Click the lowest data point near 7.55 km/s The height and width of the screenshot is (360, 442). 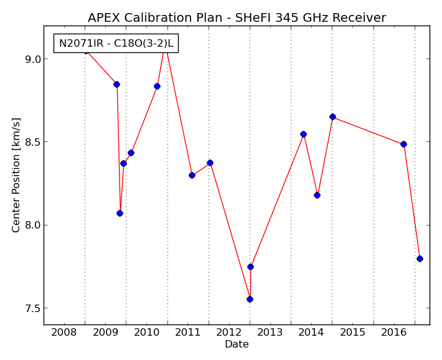[x=250, y=299]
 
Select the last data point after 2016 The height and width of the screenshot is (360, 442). [x=420, y=258]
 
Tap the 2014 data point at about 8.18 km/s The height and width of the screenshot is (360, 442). [x=317, y=195]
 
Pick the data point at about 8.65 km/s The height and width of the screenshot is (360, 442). [x=332, y=117]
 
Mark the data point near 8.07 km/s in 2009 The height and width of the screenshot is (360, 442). [x=120, y=213]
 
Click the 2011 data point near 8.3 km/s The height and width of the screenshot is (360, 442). [x=192, y=176]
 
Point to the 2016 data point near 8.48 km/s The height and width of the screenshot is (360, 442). [x=403, y=144]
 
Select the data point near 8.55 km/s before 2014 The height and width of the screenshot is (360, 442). [x=303, y=135]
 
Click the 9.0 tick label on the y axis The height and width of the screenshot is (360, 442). [x=33, y=59]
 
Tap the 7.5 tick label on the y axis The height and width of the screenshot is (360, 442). [x=33, y=308]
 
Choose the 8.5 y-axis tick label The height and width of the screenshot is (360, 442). [x=33, y=142]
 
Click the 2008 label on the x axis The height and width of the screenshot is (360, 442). [x=64, y=332]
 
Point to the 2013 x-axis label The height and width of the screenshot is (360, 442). [x=270, y=332]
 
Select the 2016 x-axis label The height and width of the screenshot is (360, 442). [x=394, y=332]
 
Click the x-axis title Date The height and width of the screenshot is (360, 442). [x=237, y=344]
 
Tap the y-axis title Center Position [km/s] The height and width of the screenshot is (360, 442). [x=16, y=175]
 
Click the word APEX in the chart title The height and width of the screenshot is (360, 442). [x=104, y=18]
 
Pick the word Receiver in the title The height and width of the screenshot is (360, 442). [x=359, y=18]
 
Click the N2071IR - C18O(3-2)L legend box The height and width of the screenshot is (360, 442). [x=116, y=44]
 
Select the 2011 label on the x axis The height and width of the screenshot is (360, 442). [x=188, y=332]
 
